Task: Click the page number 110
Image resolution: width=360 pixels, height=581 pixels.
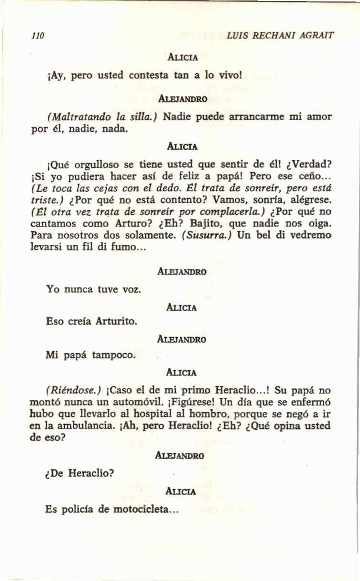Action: coord(37,36)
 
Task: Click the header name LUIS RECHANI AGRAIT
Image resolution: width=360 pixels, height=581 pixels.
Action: coord(281,36)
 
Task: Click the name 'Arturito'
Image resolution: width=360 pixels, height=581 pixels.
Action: coord(117,320)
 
